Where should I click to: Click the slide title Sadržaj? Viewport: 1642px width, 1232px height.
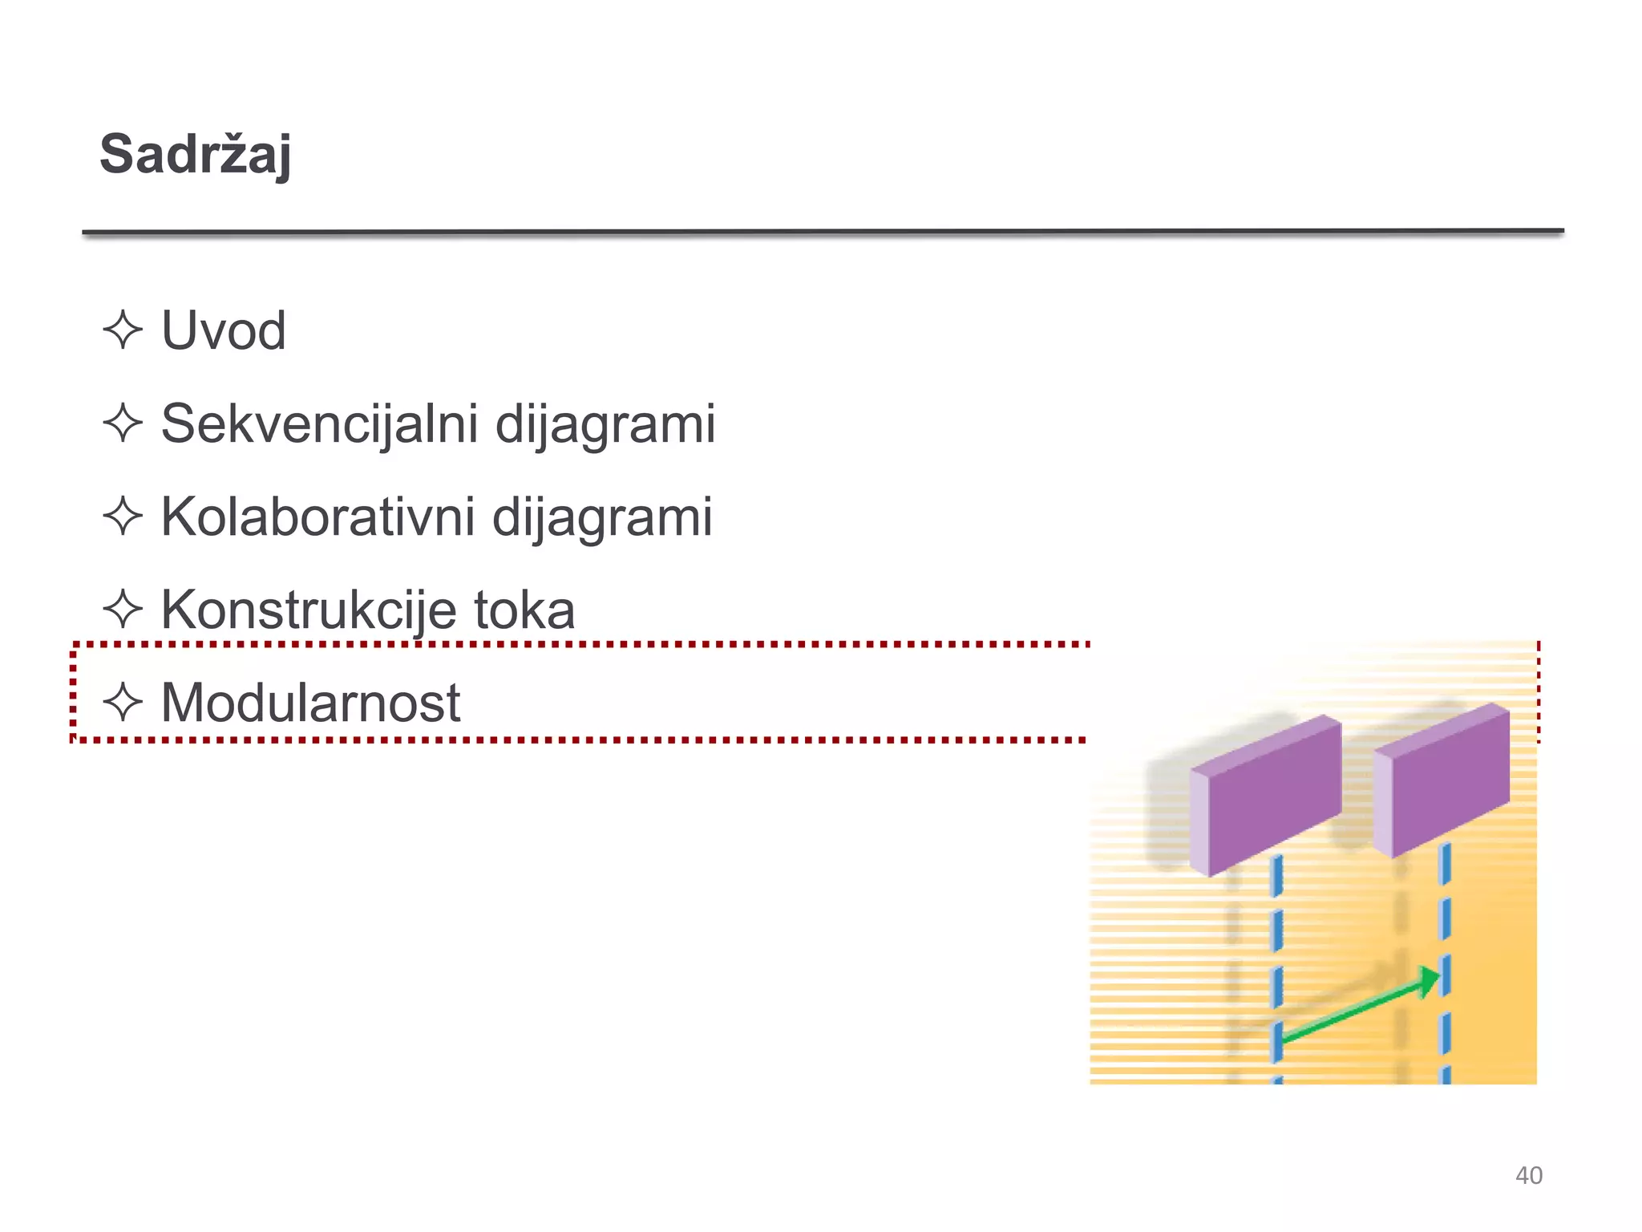195,154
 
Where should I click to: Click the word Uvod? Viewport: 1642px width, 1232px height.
223,330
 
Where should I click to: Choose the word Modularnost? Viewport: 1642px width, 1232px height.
310,703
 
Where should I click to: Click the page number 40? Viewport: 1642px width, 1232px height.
1528,1175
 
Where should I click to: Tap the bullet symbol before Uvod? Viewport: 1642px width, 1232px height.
123,330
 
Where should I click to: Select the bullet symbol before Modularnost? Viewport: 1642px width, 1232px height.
123,703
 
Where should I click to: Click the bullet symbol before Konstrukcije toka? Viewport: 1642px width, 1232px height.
123,610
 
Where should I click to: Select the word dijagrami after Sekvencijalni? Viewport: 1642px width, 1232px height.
605,423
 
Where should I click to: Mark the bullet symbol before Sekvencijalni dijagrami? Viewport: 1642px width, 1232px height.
123,423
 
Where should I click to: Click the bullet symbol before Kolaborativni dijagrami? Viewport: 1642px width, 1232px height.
123,517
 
